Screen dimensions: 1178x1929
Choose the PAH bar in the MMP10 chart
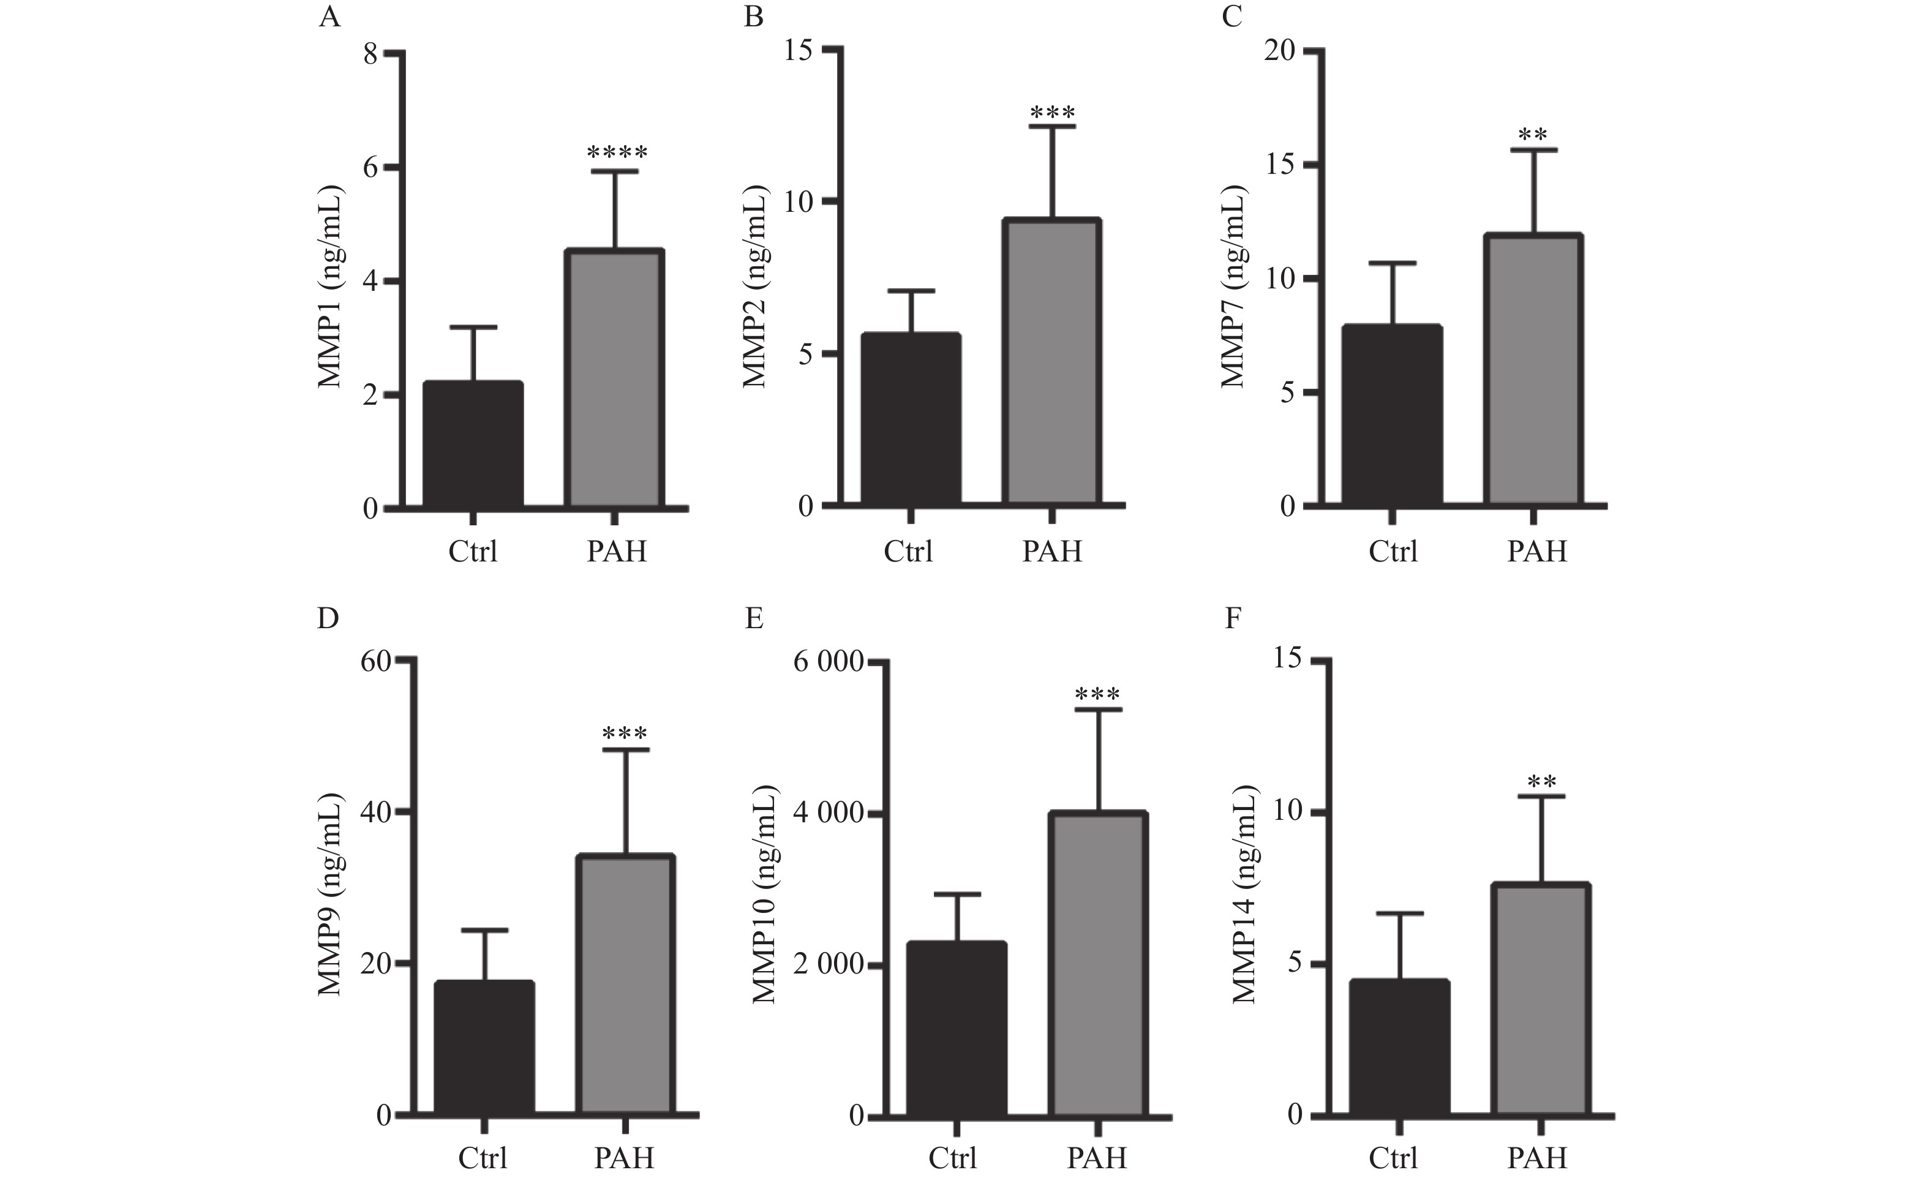point(1099,964)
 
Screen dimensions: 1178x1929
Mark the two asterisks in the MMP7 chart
point(1533,135)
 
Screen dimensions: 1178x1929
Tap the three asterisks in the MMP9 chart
point(625,734)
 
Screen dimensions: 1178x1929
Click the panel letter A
point(329,17)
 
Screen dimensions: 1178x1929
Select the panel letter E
point(754,619)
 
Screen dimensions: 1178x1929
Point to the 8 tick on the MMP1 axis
point(370,54)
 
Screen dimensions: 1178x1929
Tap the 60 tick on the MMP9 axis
point(376,661)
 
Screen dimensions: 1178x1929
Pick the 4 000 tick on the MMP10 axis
point(829,812)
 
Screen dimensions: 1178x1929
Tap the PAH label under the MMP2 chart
point(1052,552)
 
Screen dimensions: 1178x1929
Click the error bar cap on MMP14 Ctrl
point(1399,914)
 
